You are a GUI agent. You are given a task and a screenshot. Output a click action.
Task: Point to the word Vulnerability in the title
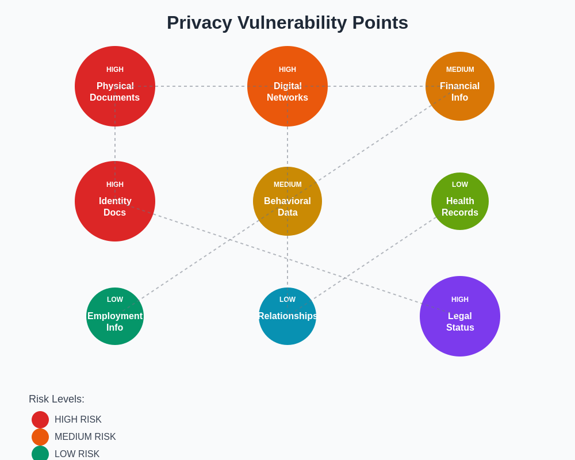pos(292,23)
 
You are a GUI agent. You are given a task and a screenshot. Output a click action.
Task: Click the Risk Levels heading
pos(56,399)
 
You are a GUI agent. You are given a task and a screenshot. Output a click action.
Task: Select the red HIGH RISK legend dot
pos(40,420)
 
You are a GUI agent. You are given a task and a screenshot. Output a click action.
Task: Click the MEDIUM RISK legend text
pos(85,437)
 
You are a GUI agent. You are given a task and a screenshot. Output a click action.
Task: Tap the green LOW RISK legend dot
pos(40,454)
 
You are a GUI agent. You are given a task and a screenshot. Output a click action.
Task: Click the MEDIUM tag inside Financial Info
pos(460,70)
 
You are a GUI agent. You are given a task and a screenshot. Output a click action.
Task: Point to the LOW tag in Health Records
pos(460,185)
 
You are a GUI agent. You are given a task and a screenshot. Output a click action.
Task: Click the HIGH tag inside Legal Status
pos(460,300)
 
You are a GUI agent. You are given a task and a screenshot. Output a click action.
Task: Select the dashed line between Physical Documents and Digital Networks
pos(201,86)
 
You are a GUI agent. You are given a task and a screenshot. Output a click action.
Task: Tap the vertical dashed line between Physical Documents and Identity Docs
pos(115,144)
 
